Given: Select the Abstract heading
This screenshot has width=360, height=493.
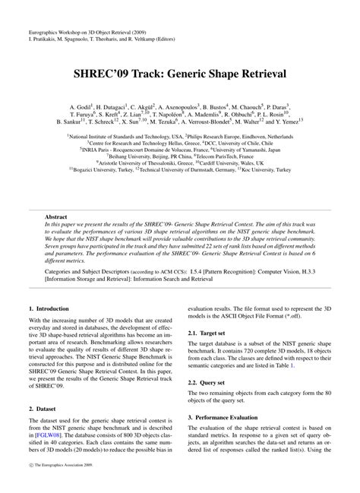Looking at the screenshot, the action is tap(57, 216).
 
